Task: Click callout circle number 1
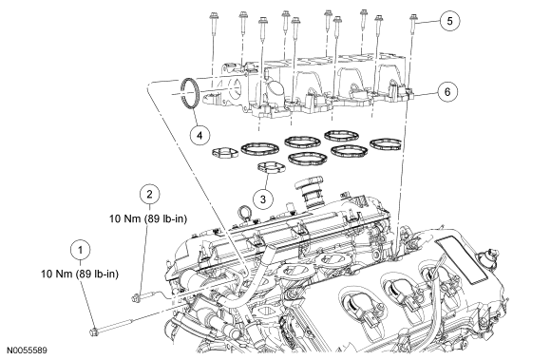(x=81, y=250)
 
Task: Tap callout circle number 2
(x=150, y=194)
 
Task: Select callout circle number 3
(x=263, y=199)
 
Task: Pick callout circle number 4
(x=199, y=135)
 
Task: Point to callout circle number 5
(x=450, y=21)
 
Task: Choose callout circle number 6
(x=447, y=92)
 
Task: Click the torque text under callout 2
(x=148, y=218)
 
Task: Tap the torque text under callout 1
(x=80, y=274)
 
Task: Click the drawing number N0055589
(x=28, y=351)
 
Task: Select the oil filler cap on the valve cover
(x=308, y=193)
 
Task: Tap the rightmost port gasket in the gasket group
(x=386, y=144)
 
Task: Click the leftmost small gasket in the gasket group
(x=225, y=152)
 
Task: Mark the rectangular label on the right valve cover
(x=462, y=256)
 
